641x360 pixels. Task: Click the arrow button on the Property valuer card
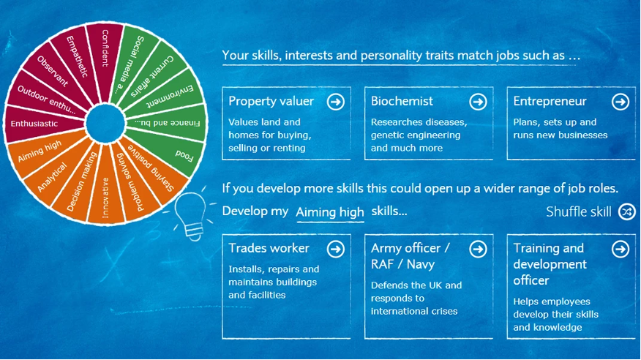coord(336,102)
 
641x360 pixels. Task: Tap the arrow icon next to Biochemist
coord(478,102)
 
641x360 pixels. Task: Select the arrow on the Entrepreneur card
coord(621,102)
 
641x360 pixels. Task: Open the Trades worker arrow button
coord(336,249)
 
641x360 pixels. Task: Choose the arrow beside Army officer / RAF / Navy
coord(478,249)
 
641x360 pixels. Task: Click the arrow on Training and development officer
coord(621,249)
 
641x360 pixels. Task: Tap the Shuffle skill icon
coord(626,211)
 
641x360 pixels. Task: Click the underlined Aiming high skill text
coord(330,212)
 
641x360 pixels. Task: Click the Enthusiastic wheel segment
coord(41,124)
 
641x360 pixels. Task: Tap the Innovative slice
coord(105,192)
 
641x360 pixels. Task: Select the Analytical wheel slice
coord(55,173)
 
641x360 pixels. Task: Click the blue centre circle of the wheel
coord(105,124)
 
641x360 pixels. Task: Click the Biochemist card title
coord(402,101)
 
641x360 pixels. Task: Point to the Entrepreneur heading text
coord(550,101)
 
